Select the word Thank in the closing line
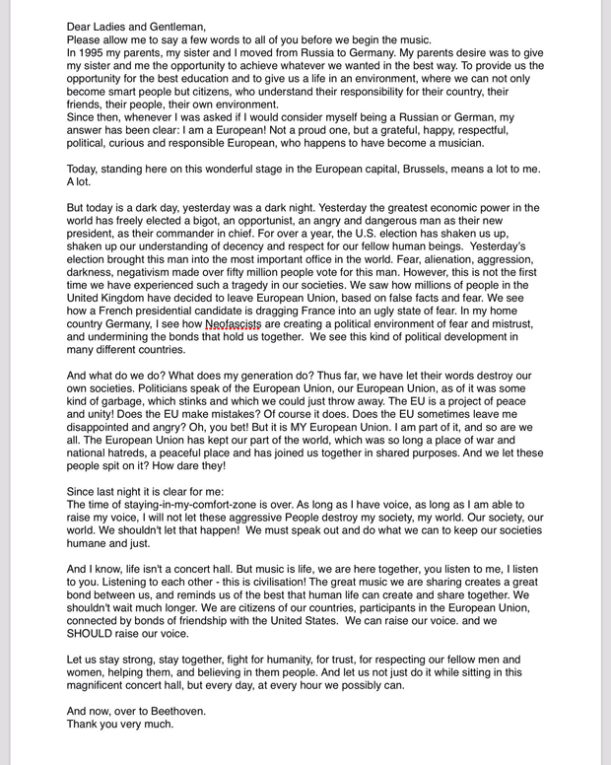click(x=85, y=724)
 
